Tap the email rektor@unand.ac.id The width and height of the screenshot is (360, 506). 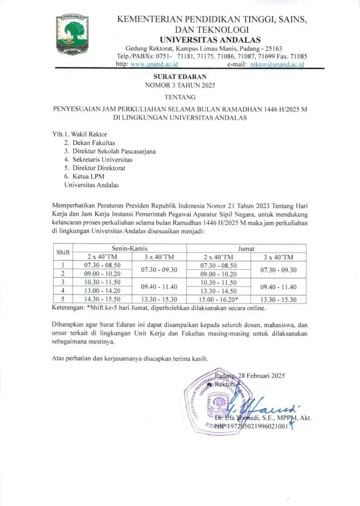point(277,64)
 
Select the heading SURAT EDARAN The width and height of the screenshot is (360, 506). point(180,77)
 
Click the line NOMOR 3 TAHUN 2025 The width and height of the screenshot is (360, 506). point(180,85)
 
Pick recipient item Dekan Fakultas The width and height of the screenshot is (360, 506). point(94,143)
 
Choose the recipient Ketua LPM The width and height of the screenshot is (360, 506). point(88,176)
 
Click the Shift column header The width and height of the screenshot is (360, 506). point(63,252)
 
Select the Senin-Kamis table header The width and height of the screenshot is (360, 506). point(130,248)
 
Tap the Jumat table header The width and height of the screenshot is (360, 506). point(246,249)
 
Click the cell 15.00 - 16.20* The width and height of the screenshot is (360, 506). point(219,299)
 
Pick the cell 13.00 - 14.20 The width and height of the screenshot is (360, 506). point(102,291)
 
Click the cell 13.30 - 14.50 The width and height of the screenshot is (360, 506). point(218,291)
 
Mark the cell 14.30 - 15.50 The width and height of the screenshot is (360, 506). point(102,299)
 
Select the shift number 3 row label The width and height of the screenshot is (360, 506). point(63,282)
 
